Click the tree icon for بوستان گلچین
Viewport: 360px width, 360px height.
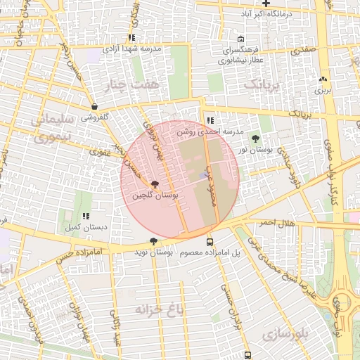(155, 184)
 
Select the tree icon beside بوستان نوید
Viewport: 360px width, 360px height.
(153, 241)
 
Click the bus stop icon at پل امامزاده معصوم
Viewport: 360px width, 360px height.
(210, 241)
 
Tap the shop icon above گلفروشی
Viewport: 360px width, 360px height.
(94, 107)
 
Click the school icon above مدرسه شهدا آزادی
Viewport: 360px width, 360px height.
(131, 38)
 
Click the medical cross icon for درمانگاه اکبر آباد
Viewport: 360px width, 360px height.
(246, 4)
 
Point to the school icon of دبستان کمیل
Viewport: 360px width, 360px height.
(86, 217)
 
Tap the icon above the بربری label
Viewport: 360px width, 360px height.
(323, 79)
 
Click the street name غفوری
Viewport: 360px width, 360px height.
(101, 151)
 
